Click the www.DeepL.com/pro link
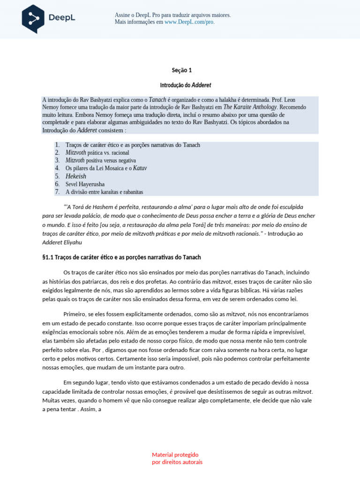pyautogui.click(x=189, y=22)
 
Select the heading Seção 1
pyautogui.click(x=182, y=70)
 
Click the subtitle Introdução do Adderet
pyautogui.click(x=186, y=85)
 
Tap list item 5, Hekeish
pyautogui.click(x=76, y=176)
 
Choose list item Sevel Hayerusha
pyautogui.click(x=85, y=184)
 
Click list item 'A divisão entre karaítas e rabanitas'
pyautogui.click(x=104, y=192)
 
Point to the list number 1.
pyautogui.click(x=57, y=145)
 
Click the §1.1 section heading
pyautogui.click(x=121, y=257)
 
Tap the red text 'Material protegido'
pyautogui.click(x=175, y=455)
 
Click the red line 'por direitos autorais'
pyautogui.click(x=177, y=462)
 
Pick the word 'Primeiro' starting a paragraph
pyautogui.click(x=75, y=314)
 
